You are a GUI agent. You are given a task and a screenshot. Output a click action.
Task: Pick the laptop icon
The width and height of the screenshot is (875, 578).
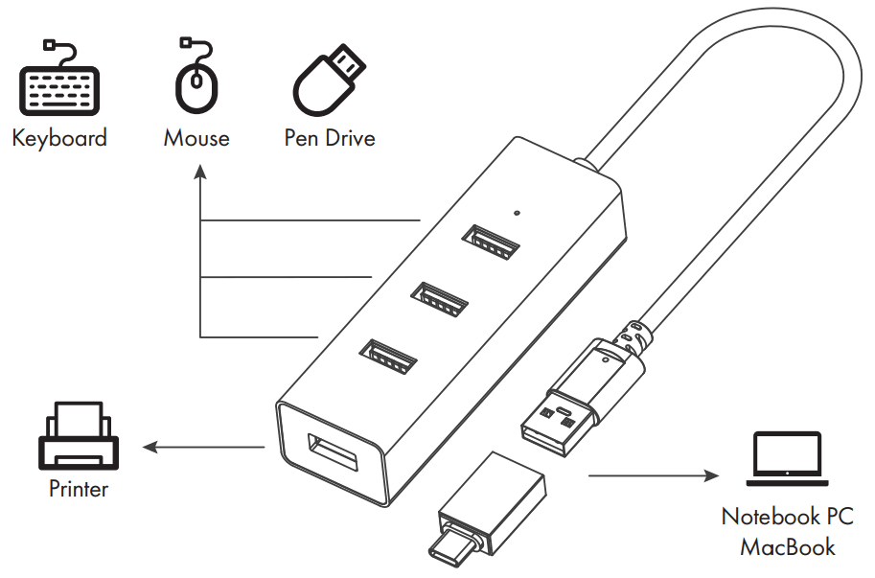[787, 459]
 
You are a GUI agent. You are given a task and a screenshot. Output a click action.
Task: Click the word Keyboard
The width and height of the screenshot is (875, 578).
[59, 138]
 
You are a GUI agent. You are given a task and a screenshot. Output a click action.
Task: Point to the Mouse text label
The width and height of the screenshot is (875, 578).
[196, 138]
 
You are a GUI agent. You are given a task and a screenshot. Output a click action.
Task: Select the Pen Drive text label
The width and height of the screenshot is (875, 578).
[330, 138]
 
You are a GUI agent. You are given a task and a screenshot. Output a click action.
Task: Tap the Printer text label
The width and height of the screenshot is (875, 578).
[79, 490]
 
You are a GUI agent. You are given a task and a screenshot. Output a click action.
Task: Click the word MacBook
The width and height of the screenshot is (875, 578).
[787, 547]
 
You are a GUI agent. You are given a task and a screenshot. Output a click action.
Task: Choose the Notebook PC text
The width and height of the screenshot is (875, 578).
[787, 517]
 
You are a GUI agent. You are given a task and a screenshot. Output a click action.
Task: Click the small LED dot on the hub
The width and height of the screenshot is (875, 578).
[518, 214]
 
